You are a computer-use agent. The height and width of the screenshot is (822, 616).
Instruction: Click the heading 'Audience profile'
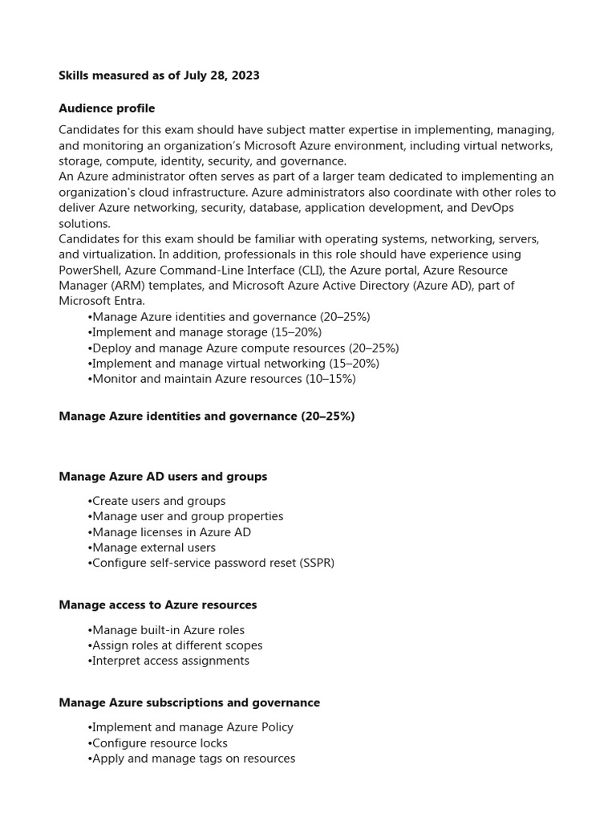107,108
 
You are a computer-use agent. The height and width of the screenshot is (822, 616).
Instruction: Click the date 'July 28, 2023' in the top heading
220,75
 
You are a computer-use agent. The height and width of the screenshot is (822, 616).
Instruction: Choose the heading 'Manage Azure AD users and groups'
163,477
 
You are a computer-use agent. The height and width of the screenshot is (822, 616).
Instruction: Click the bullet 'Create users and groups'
156,501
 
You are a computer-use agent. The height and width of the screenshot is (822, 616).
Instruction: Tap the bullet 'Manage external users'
152,547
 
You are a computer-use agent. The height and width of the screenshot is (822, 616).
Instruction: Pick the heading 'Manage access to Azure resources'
158,604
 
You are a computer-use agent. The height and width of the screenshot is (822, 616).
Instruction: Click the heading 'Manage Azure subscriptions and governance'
189,703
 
